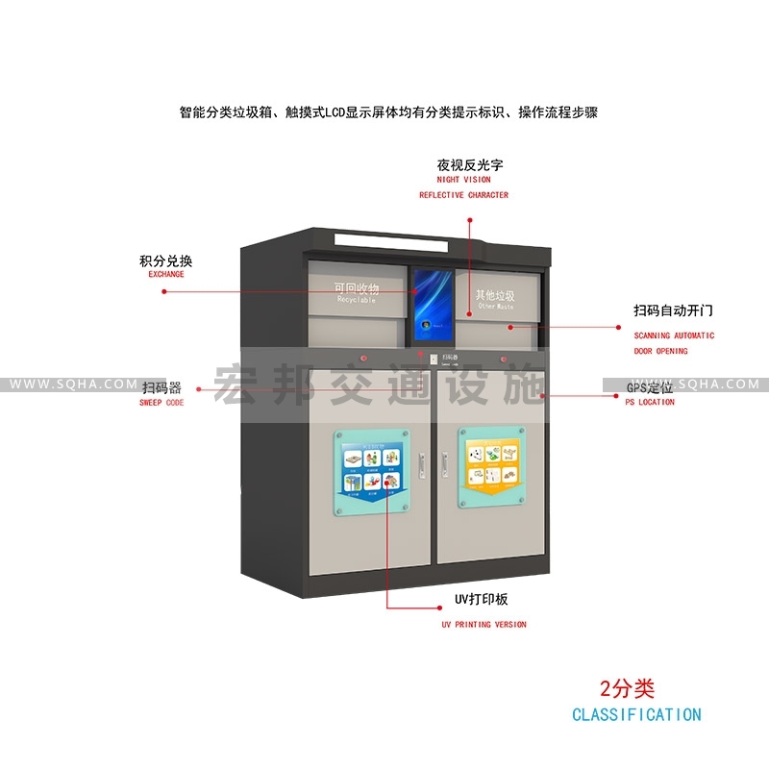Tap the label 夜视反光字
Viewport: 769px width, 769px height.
coord(469,164)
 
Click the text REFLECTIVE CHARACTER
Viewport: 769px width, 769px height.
coord(463,195)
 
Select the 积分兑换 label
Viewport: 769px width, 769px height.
coord(166,260)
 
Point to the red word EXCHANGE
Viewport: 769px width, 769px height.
coord(165,275)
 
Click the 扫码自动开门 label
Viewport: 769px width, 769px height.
coord(673,311)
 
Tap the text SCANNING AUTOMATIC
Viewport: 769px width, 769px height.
coord(674,335)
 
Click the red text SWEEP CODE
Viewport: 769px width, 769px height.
coord(161,403)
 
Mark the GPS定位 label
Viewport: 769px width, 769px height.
coord(650,387)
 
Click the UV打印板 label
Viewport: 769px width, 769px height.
coord(481,600)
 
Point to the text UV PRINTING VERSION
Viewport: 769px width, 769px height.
coord(484,625)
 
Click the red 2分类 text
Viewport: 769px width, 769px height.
coord(627,688)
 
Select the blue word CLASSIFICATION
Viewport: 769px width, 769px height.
coord(636,715)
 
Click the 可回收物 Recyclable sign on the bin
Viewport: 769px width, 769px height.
coord(357,292)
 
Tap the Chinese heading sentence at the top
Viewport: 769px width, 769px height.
coord(388,112)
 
